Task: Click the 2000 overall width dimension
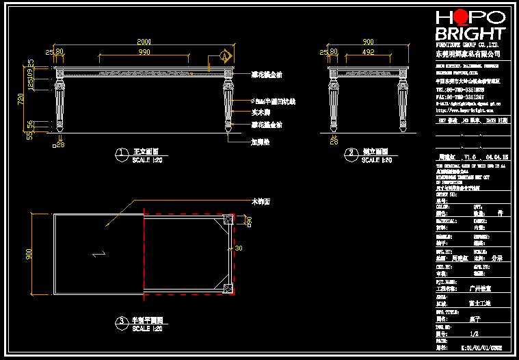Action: [144, 42]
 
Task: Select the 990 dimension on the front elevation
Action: [144, 51]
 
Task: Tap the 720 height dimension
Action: [21, 99]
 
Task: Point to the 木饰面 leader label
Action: [261, 202]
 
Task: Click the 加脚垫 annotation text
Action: [259, 142]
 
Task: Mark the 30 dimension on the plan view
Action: [239, 248]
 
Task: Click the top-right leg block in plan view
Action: [228, 220]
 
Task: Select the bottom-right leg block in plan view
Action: [228, 287]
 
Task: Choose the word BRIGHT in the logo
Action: [470, 34]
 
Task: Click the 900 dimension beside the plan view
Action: [29, 253]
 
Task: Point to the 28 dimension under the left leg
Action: [60, 144]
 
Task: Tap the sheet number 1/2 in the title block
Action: [475, 333]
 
